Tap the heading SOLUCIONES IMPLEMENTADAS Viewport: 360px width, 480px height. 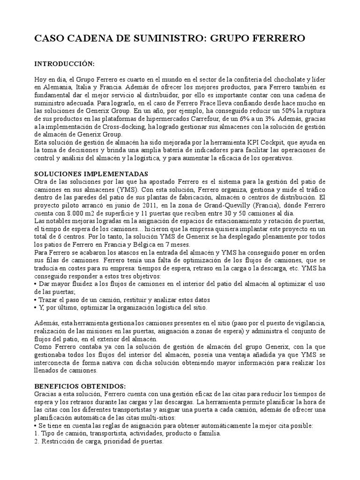click(x=91, y=173)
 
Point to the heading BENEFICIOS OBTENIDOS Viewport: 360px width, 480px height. click(x=80, y=386)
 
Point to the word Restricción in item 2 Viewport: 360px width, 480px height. click(x=60, y=441)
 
